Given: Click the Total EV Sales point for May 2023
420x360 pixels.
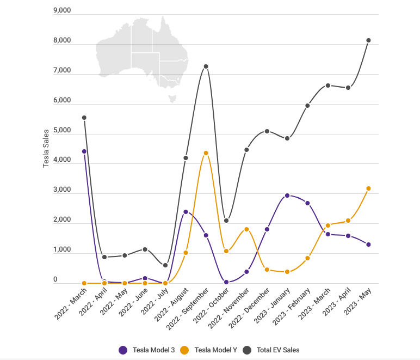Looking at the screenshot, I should (368, 40).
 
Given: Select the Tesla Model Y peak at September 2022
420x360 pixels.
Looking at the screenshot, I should (206, 153).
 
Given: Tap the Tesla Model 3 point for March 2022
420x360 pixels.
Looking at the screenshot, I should (84, 151).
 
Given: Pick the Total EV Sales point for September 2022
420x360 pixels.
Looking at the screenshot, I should (206, 66).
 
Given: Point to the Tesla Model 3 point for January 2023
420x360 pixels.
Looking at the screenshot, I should (287, 196).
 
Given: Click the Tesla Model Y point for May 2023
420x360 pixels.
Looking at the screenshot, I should (368, 188).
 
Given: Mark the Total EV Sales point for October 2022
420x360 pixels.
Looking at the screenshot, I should (226, 221).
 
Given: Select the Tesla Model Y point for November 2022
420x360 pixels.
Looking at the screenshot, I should (246, 229).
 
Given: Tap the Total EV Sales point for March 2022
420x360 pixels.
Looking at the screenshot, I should (84, 118).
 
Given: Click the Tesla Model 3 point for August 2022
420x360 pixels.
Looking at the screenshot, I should (186, 212).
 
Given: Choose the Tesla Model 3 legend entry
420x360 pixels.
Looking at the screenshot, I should (147, 350).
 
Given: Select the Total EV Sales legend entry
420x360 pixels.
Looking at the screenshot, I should (271, 350).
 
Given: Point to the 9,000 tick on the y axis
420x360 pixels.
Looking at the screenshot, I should (62, 11).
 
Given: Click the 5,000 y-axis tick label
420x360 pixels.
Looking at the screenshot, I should (62, 131).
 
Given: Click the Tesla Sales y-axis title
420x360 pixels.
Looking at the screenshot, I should (46, 148).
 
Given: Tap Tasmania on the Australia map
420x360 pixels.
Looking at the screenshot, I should (173, 99).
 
